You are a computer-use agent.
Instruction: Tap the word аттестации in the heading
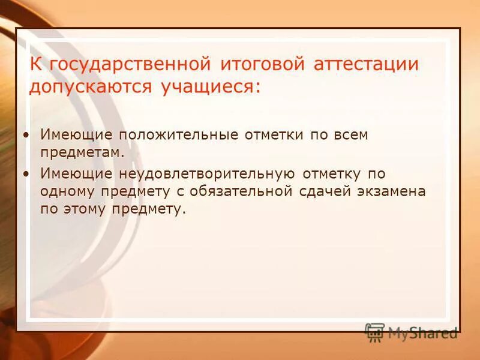[366, 64]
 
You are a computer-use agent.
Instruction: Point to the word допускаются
[91, 87]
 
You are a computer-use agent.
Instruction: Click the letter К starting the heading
[37, 64]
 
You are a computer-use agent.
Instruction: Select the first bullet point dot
[25, 135]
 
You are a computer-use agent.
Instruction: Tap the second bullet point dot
[25, 173]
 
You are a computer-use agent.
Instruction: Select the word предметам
[82, 152]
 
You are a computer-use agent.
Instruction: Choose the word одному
[64, 191]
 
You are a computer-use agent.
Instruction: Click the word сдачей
[322, 191]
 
